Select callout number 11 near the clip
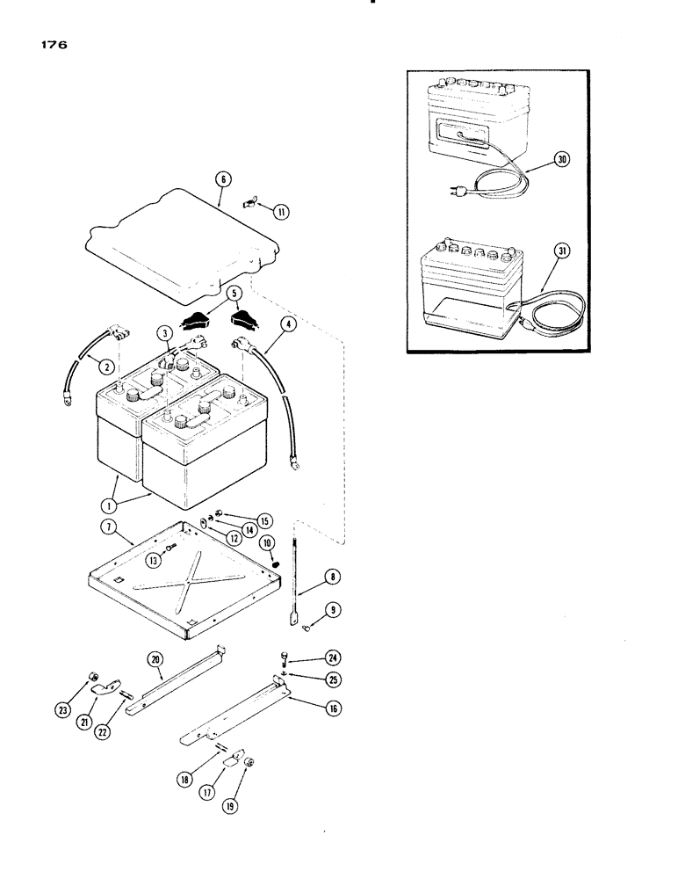pos(280,211)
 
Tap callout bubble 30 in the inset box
pos(562,159)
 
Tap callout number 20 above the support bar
pos(155,658)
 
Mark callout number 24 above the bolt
pos(308,658)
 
